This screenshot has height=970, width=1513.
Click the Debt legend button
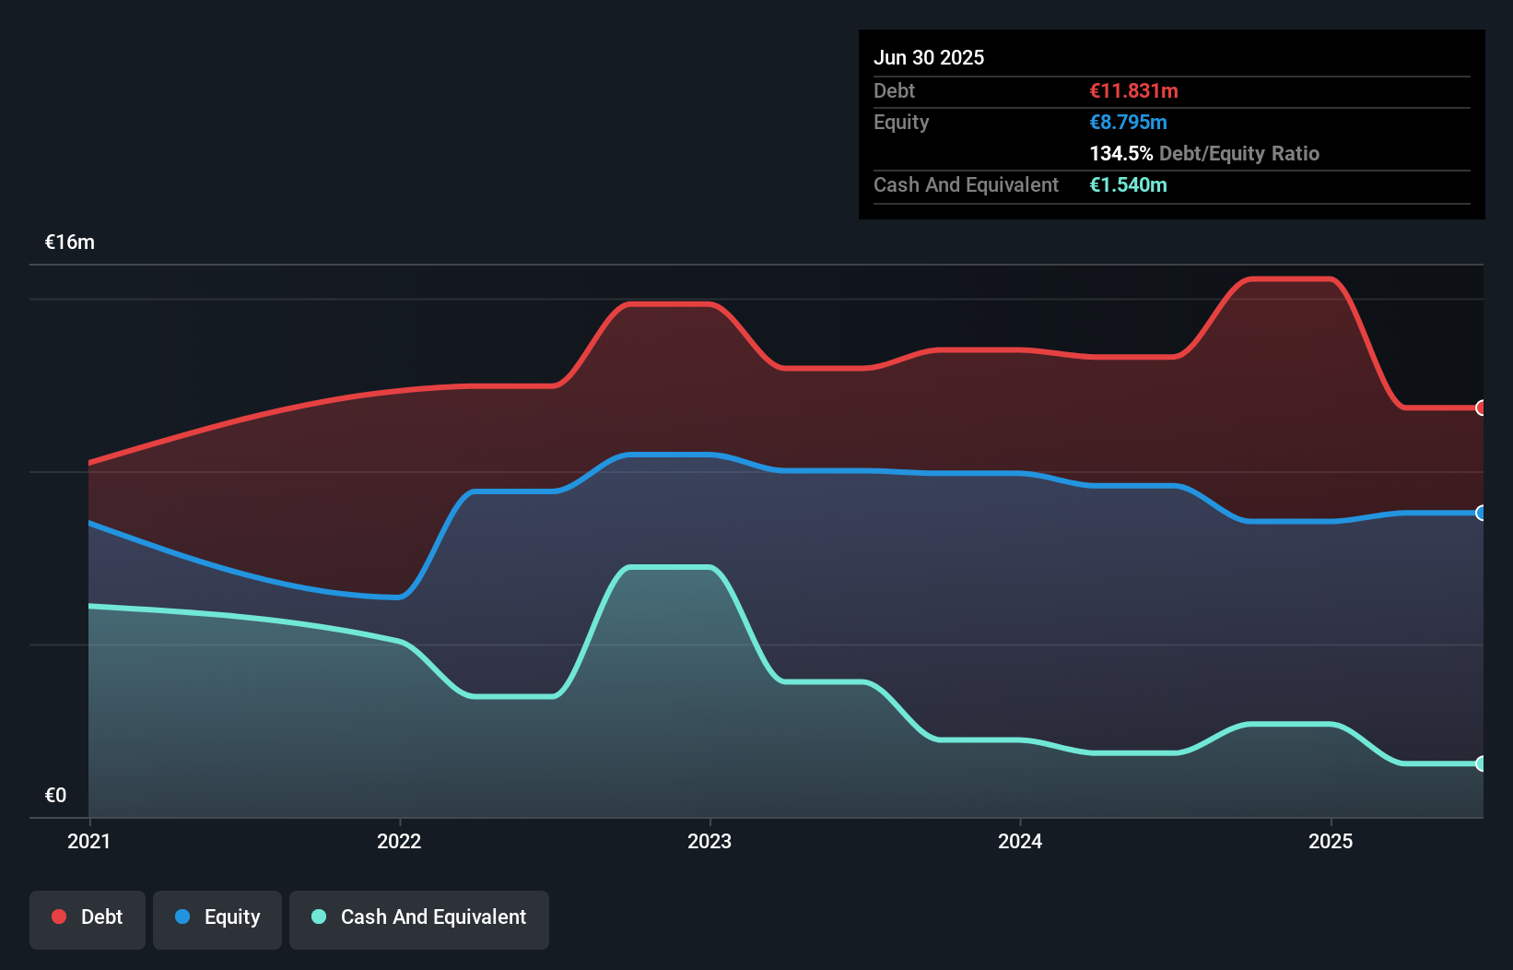(88, 918)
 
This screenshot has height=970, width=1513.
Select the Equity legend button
(217, 918)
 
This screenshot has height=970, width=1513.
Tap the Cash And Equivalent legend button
(419, 918)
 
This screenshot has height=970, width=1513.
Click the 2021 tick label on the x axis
(88, 842)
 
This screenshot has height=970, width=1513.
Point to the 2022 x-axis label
(399, 842)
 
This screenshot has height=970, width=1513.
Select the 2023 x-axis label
(710, 842)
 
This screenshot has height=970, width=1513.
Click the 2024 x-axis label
(1020, 842)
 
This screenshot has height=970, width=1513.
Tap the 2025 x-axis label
(1331, 842)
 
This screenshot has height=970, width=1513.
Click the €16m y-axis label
(70, 243)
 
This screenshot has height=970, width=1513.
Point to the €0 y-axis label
(55, 796)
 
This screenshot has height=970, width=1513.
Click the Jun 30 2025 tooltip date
(929, 58)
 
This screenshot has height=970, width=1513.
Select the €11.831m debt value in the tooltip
(1133, 91)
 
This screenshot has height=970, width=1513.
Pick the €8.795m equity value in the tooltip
(1128, 123)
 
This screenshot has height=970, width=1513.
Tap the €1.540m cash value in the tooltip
(1128, 185)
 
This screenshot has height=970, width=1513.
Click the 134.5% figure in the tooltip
(1120, 154)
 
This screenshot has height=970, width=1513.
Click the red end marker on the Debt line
(1481, 408)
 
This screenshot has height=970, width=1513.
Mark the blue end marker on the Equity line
(1481, 513)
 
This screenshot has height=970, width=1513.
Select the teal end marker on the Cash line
(1481, 763)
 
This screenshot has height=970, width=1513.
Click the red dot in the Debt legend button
(59, 917)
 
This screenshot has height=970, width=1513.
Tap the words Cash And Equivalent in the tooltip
(966, 185)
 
